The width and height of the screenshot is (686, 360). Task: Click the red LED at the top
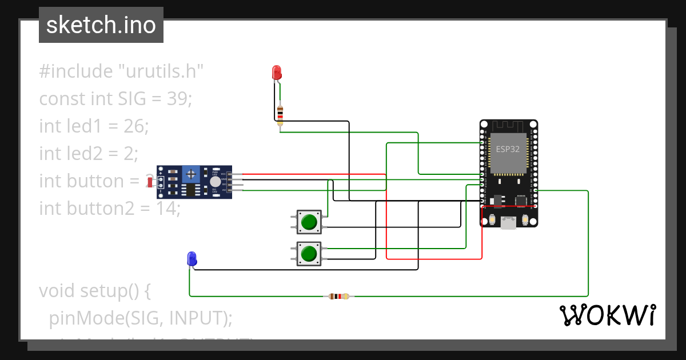(x=277, y=73)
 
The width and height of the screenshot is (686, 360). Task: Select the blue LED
(x=192, y=258)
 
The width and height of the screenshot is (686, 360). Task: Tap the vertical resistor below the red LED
(x=280, y=114)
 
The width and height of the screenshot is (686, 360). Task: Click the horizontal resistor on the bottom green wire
(x=339, y=296)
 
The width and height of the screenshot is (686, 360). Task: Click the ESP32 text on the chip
(x=508, y=150)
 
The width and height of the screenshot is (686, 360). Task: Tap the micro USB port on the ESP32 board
(x=508, y=222)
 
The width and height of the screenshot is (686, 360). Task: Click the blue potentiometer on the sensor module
(x=192, y=173)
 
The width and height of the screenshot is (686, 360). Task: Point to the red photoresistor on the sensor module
(x=150, y=182)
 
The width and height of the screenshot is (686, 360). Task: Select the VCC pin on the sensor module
(x=230, y=174)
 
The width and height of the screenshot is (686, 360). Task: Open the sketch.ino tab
(x=101, y=25)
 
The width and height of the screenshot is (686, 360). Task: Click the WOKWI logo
(x=607, y=315)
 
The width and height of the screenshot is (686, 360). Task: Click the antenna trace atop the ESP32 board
(x=508, y=126)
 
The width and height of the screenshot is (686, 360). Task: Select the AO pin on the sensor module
(x=230, y=190)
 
